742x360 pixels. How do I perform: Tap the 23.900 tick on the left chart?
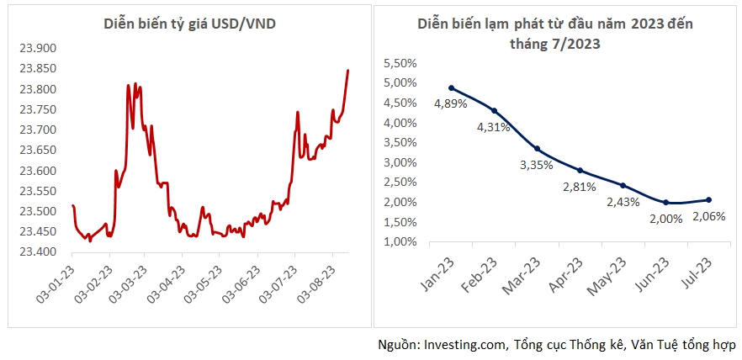tap(36, 49)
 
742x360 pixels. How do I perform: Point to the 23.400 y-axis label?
tap(36, 252)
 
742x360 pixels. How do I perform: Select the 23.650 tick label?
tap(36, 151)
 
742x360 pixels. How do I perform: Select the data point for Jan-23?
tap(452, 87)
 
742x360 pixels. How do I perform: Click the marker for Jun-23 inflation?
tap(666, 202)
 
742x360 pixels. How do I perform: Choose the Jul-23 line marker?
tap(709, 199)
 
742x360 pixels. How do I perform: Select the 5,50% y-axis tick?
tap(400, 63)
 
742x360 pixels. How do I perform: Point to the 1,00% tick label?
tap(400, 242)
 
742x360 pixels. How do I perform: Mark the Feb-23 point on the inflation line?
tap(495, 110)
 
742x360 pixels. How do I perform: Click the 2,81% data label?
tap(580, 186)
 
